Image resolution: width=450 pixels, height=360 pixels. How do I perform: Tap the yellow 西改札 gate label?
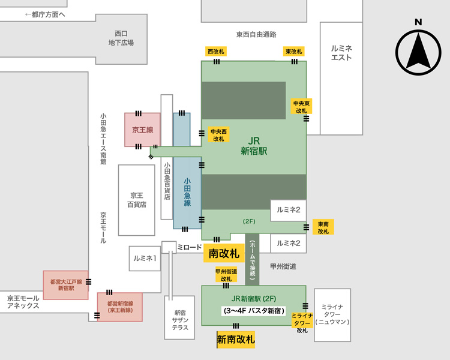point(215,52)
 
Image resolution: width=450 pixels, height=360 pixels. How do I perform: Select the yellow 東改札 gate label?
point(293,52)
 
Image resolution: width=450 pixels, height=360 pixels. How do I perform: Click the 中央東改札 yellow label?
point(301,107)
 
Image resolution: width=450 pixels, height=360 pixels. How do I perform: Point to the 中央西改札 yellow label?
point(218,134)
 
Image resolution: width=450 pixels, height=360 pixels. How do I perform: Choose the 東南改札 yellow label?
point(323,227)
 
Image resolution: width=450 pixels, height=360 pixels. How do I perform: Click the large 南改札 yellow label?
point(224,254)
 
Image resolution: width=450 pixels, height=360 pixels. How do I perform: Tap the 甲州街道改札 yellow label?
point(226,275)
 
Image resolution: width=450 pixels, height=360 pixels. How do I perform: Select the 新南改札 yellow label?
point(236,340)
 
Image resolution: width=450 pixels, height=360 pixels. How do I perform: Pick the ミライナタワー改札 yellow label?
point(301,323)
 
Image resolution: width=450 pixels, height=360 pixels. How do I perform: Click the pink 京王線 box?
point(142,129)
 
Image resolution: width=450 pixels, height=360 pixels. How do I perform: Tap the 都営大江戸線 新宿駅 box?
point(66,284)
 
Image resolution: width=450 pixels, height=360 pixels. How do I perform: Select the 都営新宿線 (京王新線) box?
point(120,307)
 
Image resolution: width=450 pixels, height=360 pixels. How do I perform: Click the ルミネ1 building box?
point(145,258)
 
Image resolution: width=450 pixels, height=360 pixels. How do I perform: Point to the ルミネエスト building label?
point(341,53)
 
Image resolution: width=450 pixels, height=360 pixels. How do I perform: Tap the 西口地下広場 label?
point(121,38)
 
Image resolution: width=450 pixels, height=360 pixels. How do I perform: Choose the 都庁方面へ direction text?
point(46,14)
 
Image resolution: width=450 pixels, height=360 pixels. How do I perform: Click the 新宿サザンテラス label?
point(181,320)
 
